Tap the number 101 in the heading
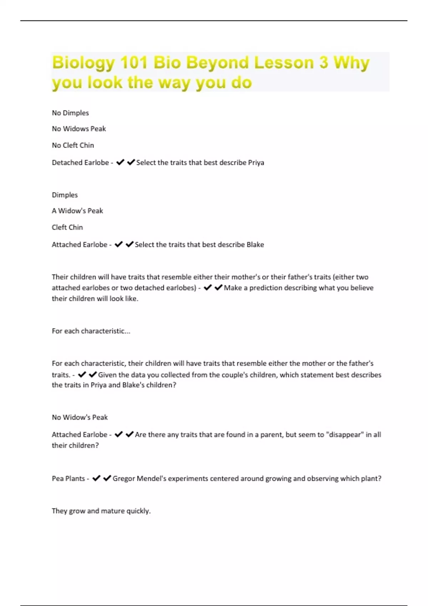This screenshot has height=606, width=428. [134, 63]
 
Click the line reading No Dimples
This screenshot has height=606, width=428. [70, 113]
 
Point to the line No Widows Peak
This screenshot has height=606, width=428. [79, 129]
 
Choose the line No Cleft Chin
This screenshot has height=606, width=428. [73, 145]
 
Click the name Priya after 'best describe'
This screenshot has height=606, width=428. [256, 163]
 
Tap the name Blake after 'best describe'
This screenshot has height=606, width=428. [255, 245]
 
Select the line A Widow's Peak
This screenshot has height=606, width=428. [77, 211]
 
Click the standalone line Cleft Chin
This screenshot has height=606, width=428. [67, 227]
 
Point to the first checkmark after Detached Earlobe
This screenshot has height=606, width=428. [120, 163]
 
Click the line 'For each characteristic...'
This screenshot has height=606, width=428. [91, 331]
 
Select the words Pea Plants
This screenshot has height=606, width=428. [68, 478]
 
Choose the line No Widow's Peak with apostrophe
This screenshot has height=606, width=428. [80, 417]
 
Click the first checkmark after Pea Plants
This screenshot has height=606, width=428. [96, 478]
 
